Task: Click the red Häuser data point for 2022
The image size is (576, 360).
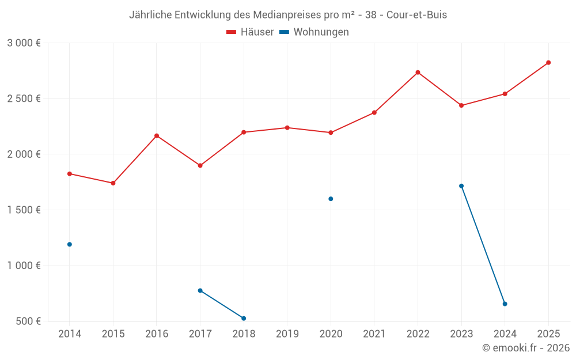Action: click(418, 72)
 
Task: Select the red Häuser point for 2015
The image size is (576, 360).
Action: click(113, 183)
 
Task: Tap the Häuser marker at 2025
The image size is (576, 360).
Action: click(548, 62)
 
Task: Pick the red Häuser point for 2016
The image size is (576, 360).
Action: click(157, 135)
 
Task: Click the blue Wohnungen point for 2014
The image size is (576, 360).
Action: click(70, 244)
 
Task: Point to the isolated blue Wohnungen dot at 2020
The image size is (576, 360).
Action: click(331, 199)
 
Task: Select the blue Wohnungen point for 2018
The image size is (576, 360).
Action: click(244, 319)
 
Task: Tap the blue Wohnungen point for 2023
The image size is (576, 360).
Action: click(461, 186)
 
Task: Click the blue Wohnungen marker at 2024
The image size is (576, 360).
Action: click(505, 304)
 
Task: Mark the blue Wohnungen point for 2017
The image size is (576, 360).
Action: click(200, 290)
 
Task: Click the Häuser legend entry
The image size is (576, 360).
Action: click(250, 32)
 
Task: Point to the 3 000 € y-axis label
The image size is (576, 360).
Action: click(24, 43)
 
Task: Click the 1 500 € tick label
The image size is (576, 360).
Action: click(24, 210)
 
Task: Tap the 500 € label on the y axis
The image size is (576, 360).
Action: click(28, 321)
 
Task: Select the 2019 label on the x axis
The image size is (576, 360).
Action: click(287, 334)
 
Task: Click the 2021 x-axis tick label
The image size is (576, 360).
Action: click(374, 334)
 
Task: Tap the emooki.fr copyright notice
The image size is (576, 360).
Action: click(525, 348)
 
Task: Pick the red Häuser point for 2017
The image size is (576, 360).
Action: click(200, 165)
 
